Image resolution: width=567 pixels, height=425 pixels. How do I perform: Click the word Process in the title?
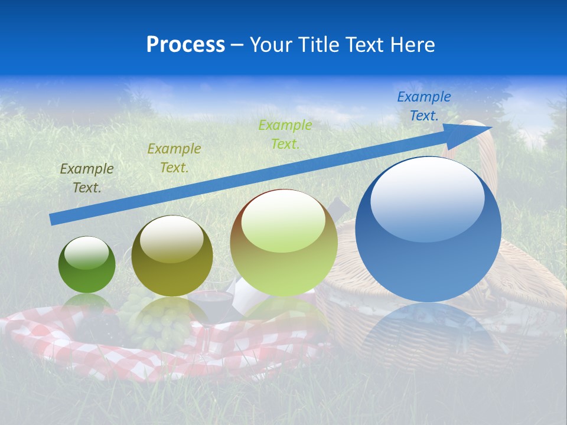pyautogui.click(x=185, y=45)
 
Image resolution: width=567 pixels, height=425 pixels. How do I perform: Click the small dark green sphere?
pyautogui.click(x=87, y=265)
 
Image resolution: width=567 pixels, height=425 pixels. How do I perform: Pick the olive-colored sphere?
pyautogui.click(x=172, y=256)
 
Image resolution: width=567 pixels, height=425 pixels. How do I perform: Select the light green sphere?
pyautogui.click(x=283, y=243)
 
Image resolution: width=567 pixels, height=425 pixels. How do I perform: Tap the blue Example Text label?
pyautogui.click(x=423, y=106)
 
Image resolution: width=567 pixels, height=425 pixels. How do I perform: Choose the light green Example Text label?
pyautogui.click(x=285, y=135)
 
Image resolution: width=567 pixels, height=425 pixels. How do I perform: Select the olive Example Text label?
pyautogui.click(x=174, y=158)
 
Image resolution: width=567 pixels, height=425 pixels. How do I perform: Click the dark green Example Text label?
pyautogui.click(x=86, y=178)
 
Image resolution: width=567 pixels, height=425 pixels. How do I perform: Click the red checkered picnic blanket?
pyautogui.click(x=53, y=342)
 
